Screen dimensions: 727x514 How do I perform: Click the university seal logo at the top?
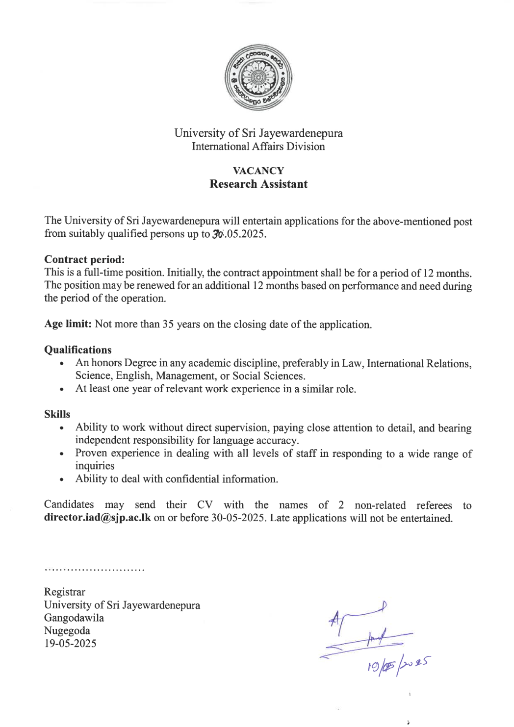coord(258,77)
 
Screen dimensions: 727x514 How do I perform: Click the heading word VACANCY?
coord(258,171)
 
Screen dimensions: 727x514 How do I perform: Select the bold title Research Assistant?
coord(258,184)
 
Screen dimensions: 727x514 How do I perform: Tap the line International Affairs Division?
coord(258,147)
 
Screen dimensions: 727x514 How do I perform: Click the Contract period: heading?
coord(84,259)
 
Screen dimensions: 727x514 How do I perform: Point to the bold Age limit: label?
coord(68,324)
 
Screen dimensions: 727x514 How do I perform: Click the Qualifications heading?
coord(78,350)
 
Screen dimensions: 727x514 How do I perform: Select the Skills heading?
coord(57,414)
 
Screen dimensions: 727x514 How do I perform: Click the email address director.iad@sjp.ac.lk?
coord(98,518)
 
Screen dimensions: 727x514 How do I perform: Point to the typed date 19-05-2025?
coord(70,643)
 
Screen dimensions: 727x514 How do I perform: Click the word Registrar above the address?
coord(65,592)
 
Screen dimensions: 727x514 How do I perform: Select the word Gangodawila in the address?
coord(74,618)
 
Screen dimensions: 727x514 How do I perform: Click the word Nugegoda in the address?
coord(67,630)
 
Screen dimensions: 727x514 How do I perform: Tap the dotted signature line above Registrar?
coord(94,570)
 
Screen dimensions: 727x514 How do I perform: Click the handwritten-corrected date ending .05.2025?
coord(239,234)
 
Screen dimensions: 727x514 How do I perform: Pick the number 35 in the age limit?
coord(168,325)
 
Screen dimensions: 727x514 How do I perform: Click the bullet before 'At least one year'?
coord(61,390)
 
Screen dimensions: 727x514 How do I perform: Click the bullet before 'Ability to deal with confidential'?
coord(61,480)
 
